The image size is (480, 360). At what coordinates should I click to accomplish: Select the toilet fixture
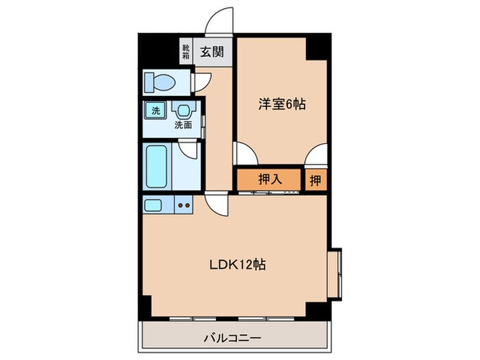pos(160,82)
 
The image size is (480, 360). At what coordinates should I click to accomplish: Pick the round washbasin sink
pos(182,110)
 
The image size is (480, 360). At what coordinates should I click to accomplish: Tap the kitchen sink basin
pos(152,204)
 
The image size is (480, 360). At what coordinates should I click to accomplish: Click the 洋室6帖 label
pos(281,105)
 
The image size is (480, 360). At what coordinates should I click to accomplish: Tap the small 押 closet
pos(315,180)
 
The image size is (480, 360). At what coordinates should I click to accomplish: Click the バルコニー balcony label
pos(236,337)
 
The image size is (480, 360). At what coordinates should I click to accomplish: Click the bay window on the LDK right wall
pos(333,273)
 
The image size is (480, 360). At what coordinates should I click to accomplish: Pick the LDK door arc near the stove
pos(217,204)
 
